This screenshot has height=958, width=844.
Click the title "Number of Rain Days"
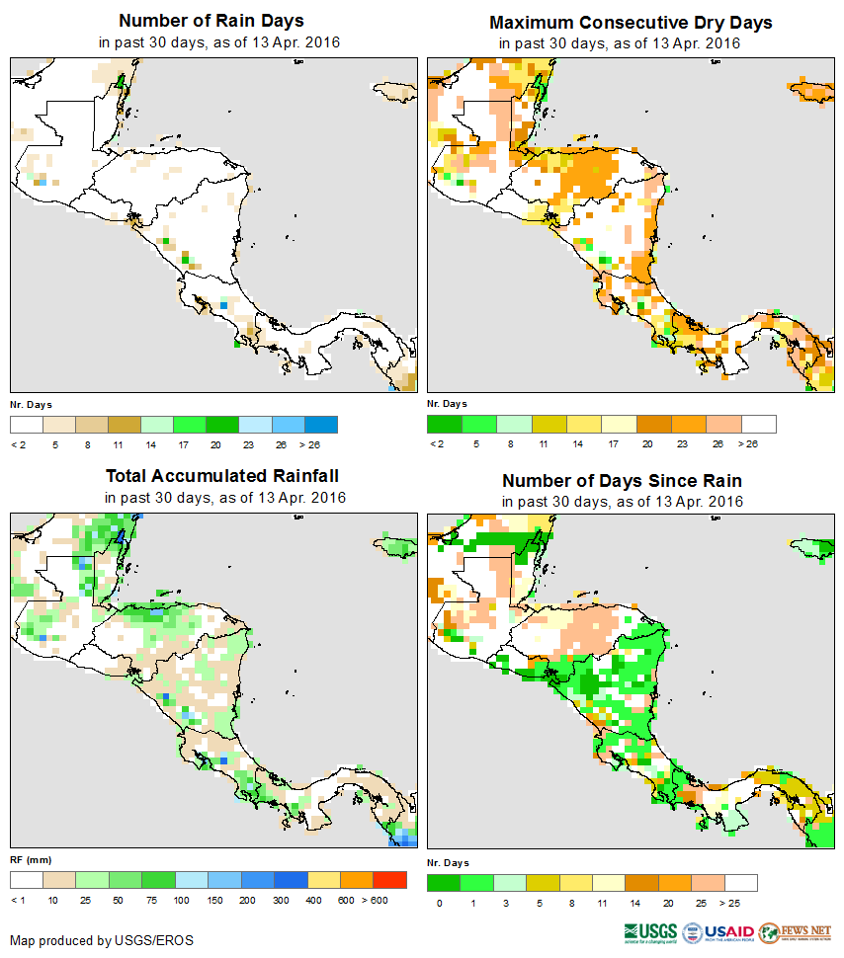tap(211, 21)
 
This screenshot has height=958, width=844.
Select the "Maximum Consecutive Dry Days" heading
tap(631, 22)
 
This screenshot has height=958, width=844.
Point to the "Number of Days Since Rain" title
tap(622, 480)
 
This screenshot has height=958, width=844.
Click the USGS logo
tap(649, 932)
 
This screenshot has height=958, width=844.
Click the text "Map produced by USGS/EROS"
tap(102, 940)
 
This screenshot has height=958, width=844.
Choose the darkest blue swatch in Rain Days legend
tap(321, 425)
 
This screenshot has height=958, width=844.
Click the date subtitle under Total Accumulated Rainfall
tap(225, 498)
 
